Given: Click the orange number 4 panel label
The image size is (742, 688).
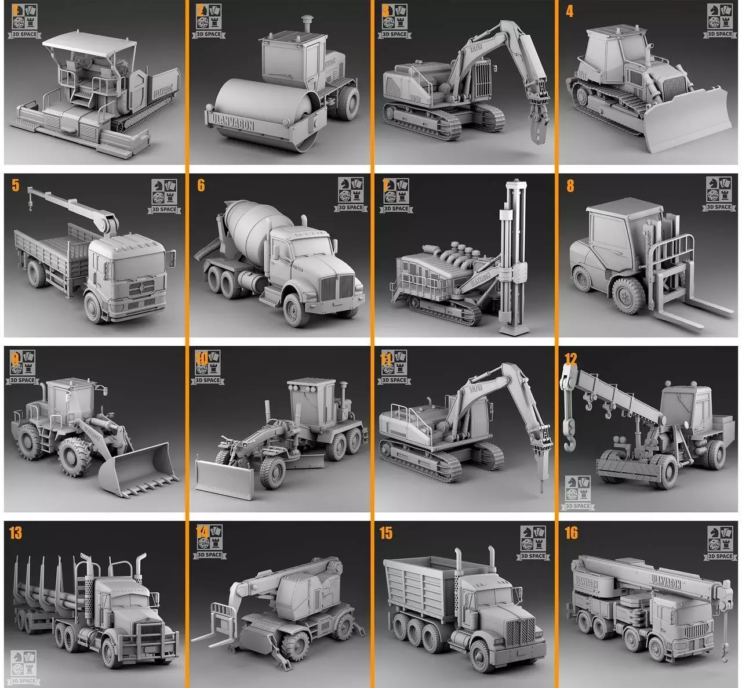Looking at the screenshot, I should [569, 12].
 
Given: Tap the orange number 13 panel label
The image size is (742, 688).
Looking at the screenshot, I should [16, 533].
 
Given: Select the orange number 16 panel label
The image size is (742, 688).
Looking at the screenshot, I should [571, 533].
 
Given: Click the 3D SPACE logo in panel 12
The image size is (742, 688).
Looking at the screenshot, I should [577, 492].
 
